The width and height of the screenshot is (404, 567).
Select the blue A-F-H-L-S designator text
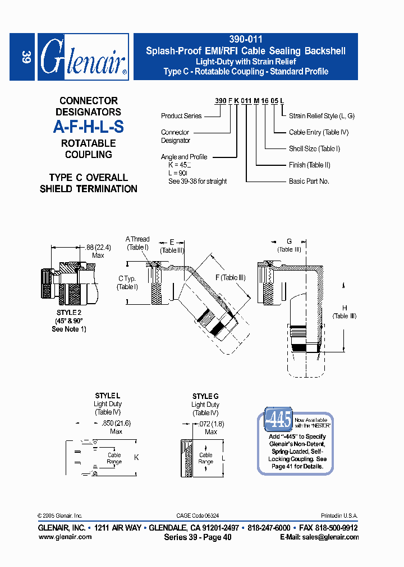(88, 127)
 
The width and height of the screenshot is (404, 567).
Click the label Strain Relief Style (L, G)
(322, 116)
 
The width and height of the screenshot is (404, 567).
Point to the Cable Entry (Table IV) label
(319, 132)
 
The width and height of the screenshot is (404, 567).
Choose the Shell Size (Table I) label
(314, 148)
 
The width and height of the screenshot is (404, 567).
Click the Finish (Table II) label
(309, 165)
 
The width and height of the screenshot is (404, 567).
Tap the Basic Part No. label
(309, 181)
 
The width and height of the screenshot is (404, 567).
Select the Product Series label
(181, 116)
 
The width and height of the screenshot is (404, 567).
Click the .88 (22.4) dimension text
(98, 248)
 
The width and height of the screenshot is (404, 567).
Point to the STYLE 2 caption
(69, 313)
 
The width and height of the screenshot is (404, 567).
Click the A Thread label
(137, 239)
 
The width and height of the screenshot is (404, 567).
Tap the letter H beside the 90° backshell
(345, 308)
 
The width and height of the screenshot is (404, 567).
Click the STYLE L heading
(108, 396)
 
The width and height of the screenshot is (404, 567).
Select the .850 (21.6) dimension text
(116, 424)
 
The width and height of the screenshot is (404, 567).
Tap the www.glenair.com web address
(65, 537)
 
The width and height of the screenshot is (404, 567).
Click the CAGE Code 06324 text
(198, 515)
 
